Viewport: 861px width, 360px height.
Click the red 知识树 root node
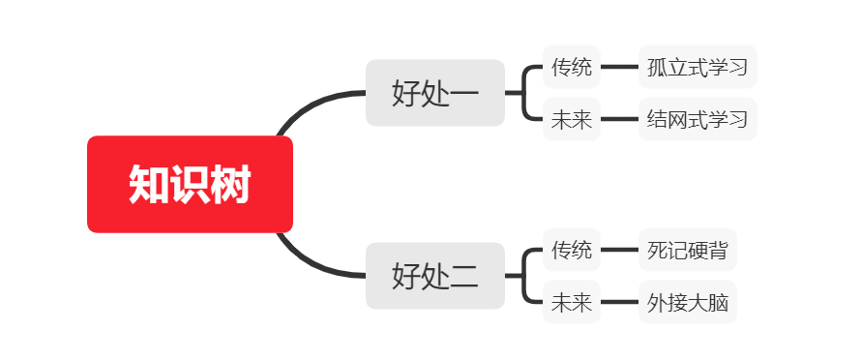190,184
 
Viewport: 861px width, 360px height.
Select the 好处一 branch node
434,93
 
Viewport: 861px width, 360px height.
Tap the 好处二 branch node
434,276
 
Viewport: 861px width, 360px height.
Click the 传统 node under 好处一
571,67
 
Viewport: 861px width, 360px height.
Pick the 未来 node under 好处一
571,120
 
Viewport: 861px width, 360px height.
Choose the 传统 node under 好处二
571,250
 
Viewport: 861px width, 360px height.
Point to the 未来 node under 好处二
571,303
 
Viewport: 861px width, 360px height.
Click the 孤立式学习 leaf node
697,67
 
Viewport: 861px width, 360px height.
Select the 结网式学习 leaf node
697,120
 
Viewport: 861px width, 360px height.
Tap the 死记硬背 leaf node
688,250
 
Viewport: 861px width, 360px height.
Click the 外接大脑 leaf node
688,303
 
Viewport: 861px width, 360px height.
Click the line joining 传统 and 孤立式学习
619,67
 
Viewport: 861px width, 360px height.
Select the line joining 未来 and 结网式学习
619,120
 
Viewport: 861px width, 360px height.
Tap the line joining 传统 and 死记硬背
619,250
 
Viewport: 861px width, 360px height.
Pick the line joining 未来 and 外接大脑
619,303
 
